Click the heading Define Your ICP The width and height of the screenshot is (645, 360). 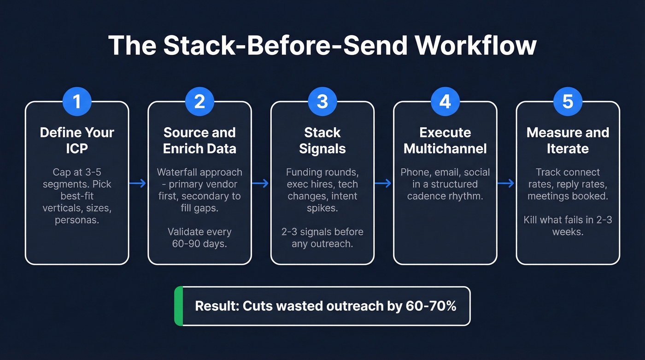(77, 141)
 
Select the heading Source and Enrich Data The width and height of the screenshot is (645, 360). (199, 141)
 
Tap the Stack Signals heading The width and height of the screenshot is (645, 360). (322, 141)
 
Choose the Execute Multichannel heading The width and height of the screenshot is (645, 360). (445, 141)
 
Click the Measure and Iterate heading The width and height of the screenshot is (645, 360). (568, 141)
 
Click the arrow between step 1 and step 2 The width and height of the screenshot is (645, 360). (138, 183)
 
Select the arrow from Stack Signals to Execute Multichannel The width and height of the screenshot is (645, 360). (384, 183)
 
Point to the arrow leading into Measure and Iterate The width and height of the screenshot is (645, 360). (506, 183)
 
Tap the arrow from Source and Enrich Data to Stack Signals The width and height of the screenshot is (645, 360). (261, 183)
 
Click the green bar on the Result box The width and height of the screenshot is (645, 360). (179, 306)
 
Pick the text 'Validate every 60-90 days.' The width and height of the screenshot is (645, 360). (199, 237)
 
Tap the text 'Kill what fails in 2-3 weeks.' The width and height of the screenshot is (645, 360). (568, 225)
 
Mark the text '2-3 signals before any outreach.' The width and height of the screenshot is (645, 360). (322, 237)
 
